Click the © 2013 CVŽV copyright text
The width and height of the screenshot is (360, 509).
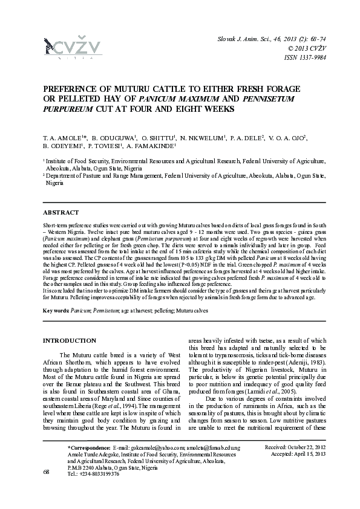(x=307, y=48)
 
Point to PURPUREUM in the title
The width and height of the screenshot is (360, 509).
(x=67, y=109)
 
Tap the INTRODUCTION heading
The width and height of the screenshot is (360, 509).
(x=69, y=341)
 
